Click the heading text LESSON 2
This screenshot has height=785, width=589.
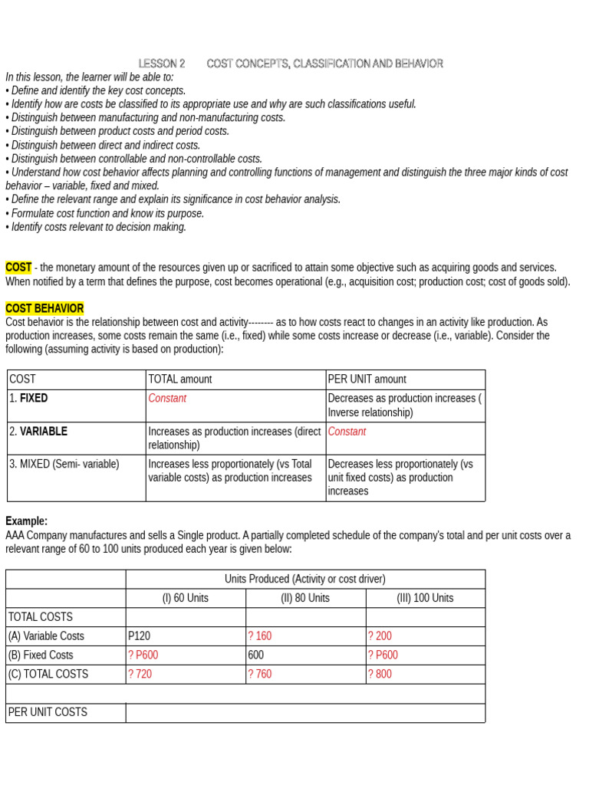coord(162,64)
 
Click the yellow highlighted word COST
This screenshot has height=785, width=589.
coord(18,268)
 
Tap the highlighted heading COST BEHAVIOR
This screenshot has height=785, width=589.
coord(44,308)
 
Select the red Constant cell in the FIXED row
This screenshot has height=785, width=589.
coord(167,399)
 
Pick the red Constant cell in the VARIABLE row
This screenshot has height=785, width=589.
coord(347,432)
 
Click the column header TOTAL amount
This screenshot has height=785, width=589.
coord(180,379)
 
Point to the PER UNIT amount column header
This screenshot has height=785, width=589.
coord(367,379)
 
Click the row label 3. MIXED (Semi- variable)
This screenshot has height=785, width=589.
coord(64,465)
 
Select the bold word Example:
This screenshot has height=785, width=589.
coord(26,521)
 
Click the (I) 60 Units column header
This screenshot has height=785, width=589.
coord(186,598)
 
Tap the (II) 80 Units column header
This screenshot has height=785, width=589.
coord(305,598)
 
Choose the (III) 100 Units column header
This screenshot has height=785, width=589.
coord(425,598)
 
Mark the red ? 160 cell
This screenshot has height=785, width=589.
coord(260,636)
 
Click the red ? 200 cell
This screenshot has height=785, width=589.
coord(380,636)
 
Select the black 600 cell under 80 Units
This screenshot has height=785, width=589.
coord(256,655)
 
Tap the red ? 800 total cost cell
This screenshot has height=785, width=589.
coord(380,675)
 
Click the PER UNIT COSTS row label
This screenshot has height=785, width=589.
coord(48,712)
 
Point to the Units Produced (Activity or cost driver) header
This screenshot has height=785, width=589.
coord(305,579)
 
